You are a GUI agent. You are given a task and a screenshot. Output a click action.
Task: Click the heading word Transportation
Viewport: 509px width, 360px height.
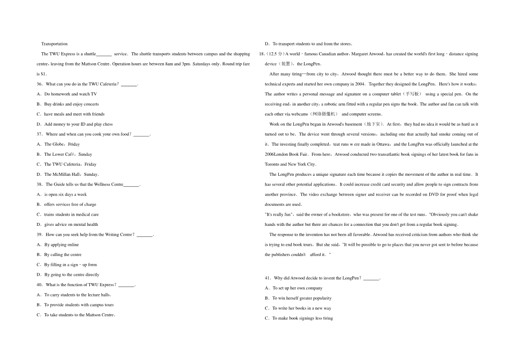click(54, 44)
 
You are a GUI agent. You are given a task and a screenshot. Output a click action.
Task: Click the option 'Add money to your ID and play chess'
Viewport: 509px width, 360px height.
click(78, 124)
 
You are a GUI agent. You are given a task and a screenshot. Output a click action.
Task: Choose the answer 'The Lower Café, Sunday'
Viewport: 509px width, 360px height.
click(68, 155)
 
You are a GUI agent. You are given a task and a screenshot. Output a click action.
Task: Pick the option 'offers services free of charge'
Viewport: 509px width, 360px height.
click(70, 205)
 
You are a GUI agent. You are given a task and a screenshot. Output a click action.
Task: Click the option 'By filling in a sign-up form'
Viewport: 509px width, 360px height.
click(70, 265)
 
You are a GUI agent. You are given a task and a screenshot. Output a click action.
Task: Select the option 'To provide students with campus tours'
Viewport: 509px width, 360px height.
click(79, 305)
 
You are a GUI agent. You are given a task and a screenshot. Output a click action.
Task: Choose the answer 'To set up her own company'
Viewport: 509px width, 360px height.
click(297, 288)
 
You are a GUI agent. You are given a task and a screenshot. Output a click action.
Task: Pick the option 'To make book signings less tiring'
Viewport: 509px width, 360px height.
click(302, 318)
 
